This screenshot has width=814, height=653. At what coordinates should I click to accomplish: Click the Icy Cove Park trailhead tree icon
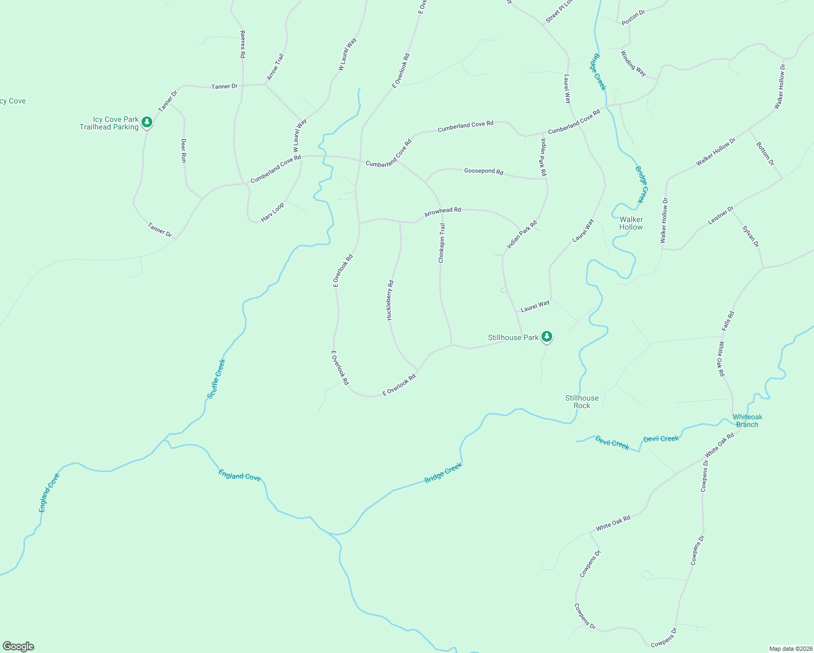tap(146, 122)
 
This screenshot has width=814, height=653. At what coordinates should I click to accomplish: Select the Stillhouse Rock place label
tap(582, 402)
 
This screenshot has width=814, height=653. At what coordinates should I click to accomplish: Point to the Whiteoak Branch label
tap(747, 421)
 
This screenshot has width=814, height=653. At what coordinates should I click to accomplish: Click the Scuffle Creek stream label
tap(216, 379)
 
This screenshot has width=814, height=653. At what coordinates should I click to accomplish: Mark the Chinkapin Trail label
tap(442, 243)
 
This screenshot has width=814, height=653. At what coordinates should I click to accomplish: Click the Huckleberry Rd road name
tap(390, 300)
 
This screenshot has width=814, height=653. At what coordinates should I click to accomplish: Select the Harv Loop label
tap(272, 212)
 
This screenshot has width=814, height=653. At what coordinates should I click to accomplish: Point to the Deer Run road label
tap(183, 150)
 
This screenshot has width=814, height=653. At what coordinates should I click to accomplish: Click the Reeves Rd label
tap(243, 44)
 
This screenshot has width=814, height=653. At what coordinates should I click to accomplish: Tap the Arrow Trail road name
tap(276, 67)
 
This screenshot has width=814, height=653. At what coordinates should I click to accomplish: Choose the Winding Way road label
tap(633, 64)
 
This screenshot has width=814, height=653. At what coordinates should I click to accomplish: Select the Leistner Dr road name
tap(720, 216)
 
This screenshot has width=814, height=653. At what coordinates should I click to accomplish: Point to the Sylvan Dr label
tap(750, 236)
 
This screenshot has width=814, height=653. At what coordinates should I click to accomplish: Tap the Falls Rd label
tap(727, 321)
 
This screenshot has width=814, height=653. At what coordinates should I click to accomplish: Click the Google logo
tap(18, 646)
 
